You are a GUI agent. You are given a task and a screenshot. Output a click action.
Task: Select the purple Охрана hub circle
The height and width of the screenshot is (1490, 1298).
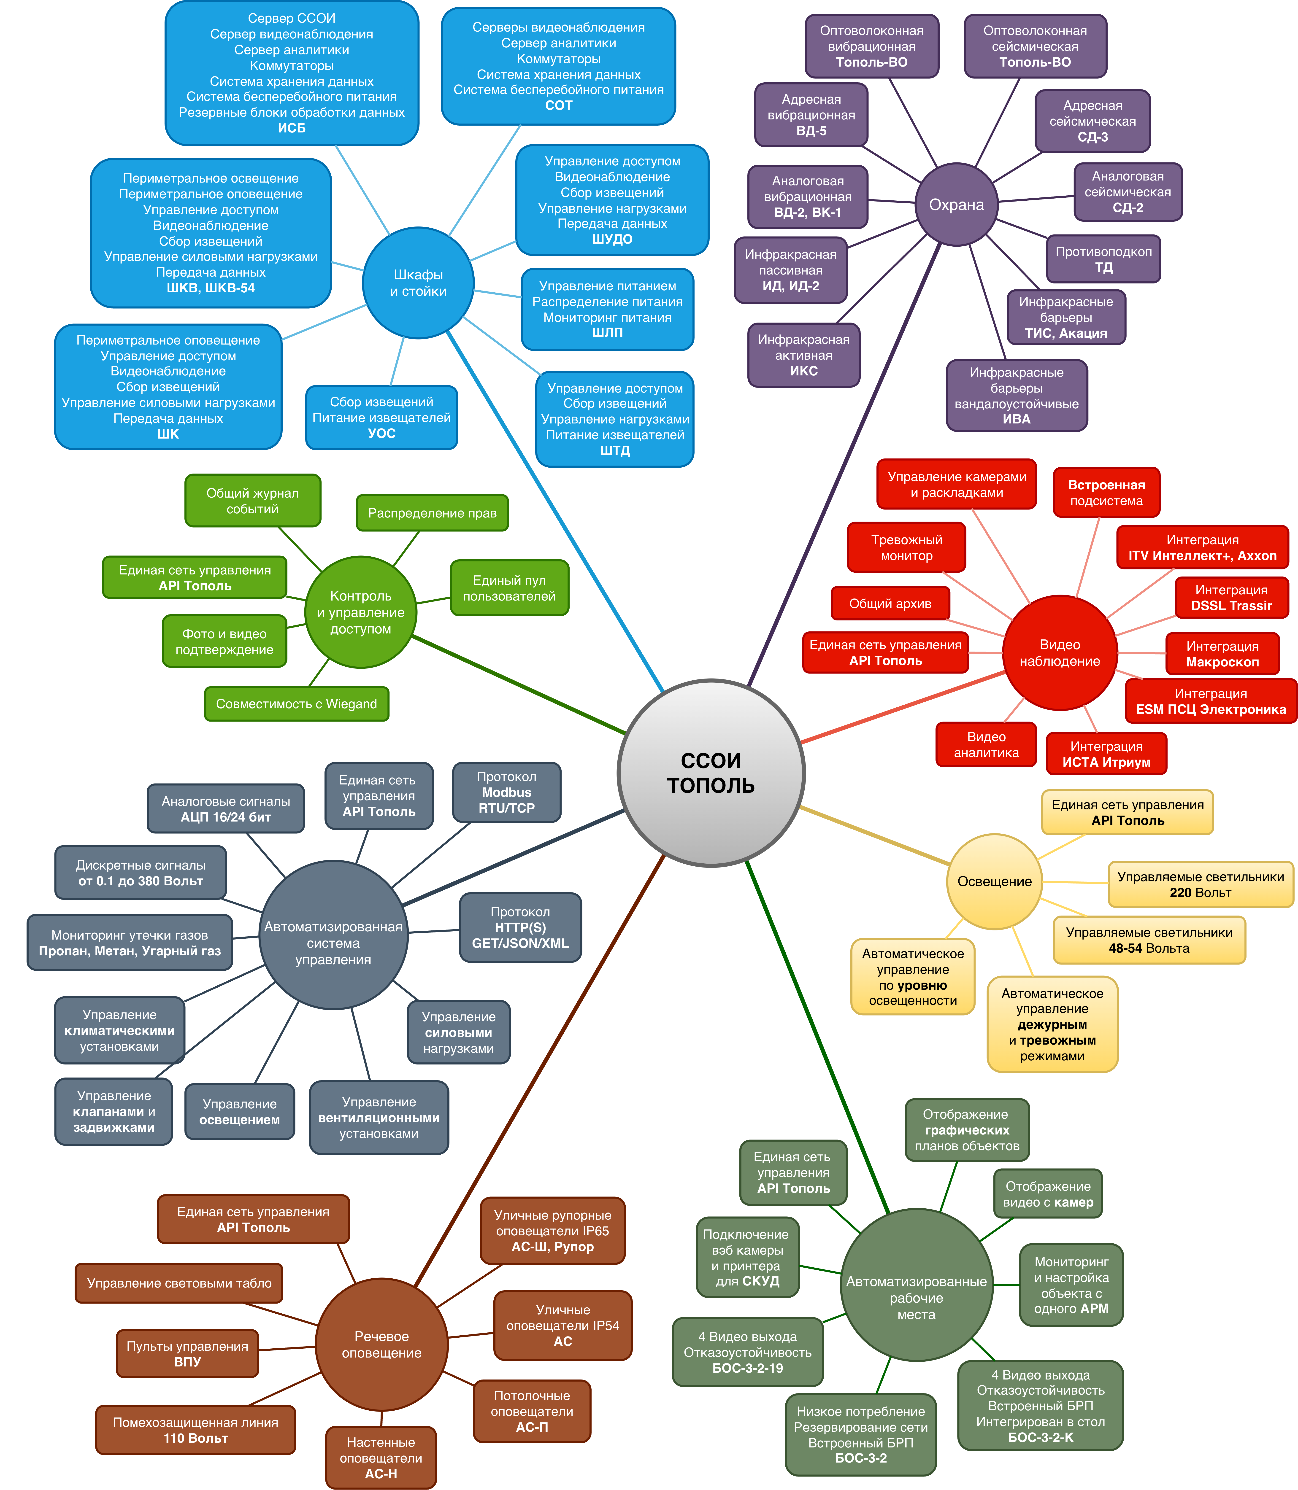pos(956,205)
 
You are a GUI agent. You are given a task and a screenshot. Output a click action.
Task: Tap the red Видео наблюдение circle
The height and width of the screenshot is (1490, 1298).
pos(1059,652)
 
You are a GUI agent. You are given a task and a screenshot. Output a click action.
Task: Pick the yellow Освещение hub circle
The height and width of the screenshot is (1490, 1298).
pos(995,881)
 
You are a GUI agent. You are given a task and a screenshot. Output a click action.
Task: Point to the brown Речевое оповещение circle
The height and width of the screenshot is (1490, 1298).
pos(381,1345)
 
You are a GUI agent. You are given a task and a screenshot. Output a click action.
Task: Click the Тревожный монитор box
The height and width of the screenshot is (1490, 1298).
pos(906,547)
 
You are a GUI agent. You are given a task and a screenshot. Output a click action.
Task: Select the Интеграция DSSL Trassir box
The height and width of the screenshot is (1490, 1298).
pos(1231,597)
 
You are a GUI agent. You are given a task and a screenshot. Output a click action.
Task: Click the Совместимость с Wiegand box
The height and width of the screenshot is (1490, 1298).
pos(296,704)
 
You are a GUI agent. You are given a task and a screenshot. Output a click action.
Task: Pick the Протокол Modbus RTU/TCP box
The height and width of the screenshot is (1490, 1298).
pos(506,792)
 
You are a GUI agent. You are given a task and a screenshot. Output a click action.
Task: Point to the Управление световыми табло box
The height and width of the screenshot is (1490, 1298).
pos(179,1283)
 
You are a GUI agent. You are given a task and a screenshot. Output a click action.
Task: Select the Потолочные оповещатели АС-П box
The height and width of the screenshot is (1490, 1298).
pos(532,1411)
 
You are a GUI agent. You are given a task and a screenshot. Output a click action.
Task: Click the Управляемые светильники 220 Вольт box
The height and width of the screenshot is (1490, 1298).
pos(1200,884)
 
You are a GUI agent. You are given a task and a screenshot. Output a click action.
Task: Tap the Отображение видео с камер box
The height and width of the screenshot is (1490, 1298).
pos(1047,1194)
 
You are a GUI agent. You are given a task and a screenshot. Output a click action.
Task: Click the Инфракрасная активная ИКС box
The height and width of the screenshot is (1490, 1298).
pos(803,355)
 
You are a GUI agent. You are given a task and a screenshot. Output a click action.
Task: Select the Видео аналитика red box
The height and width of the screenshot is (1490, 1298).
pos(986,744)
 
